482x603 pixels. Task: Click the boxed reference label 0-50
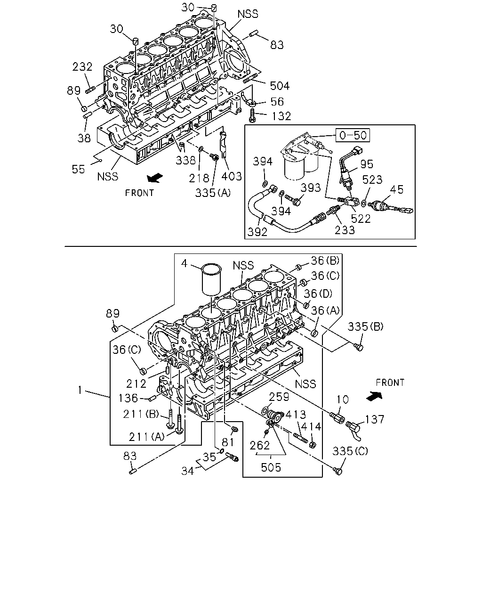(353, 135)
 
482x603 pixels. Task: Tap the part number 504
(280, 86)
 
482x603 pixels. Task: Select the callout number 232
(82, 67)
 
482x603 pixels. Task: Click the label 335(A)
(213, 193)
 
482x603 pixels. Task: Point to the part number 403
(231, 176)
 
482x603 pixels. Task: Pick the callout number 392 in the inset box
(257, 232)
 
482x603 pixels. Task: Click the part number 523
(372, 179)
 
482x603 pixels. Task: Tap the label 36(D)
(318, 293)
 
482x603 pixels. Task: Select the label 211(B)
(141, 414)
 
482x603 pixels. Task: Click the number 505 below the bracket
(271, 467)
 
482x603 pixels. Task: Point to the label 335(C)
(350, 451)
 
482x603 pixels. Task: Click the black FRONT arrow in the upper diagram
(155, 178)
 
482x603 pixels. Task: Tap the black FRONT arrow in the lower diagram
(375, 396)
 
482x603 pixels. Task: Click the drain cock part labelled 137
(353, 429)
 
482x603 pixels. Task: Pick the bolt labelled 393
(293, 200)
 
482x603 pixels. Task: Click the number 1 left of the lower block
(80, 390)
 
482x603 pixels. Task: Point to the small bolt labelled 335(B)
(359, 348)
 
